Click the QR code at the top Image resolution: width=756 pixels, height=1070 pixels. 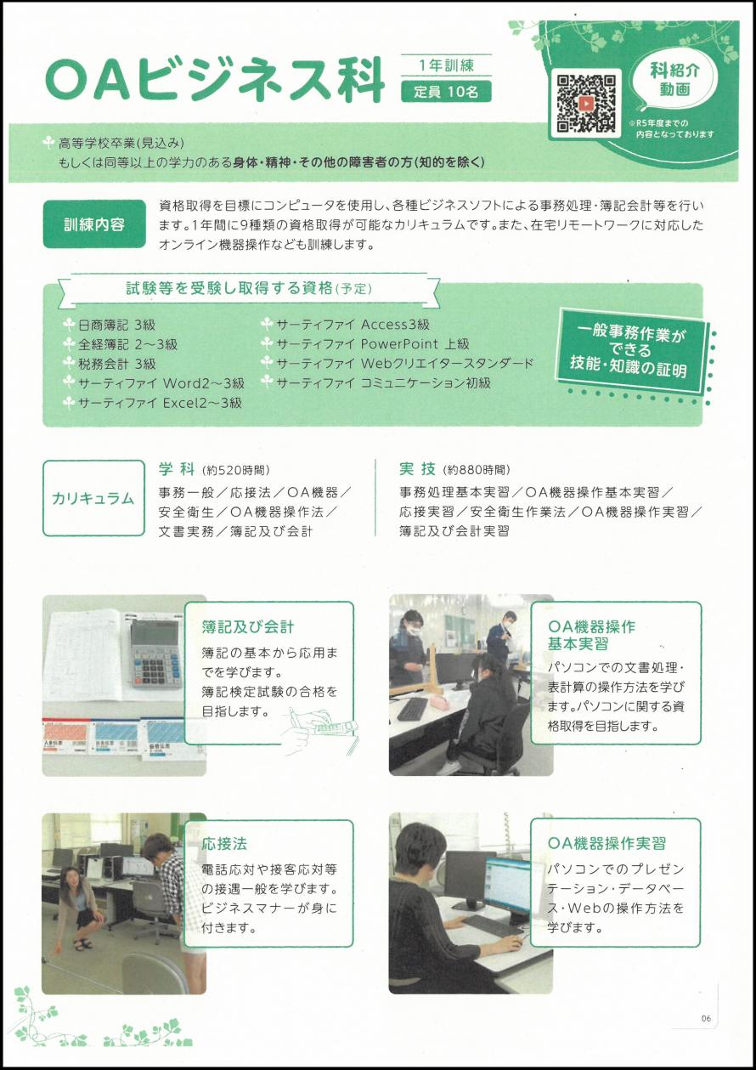pos(585,103)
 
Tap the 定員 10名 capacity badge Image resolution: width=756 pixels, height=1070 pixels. pos(446,92)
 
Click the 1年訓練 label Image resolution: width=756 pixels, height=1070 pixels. pos(446,65)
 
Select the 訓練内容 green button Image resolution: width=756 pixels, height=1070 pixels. pos(94,224)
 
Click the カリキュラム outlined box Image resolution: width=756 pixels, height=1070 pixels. pos(93,498)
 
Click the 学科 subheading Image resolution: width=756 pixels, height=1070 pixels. pos(178,468)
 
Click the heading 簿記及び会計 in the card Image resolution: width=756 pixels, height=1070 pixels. pos(248,627)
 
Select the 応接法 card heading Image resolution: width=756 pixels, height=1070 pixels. pos(224,845)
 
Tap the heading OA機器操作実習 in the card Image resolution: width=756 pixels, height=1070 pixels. pos(607,844)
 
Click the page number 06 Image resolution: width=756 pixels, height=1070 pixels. pos(706,1019)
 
